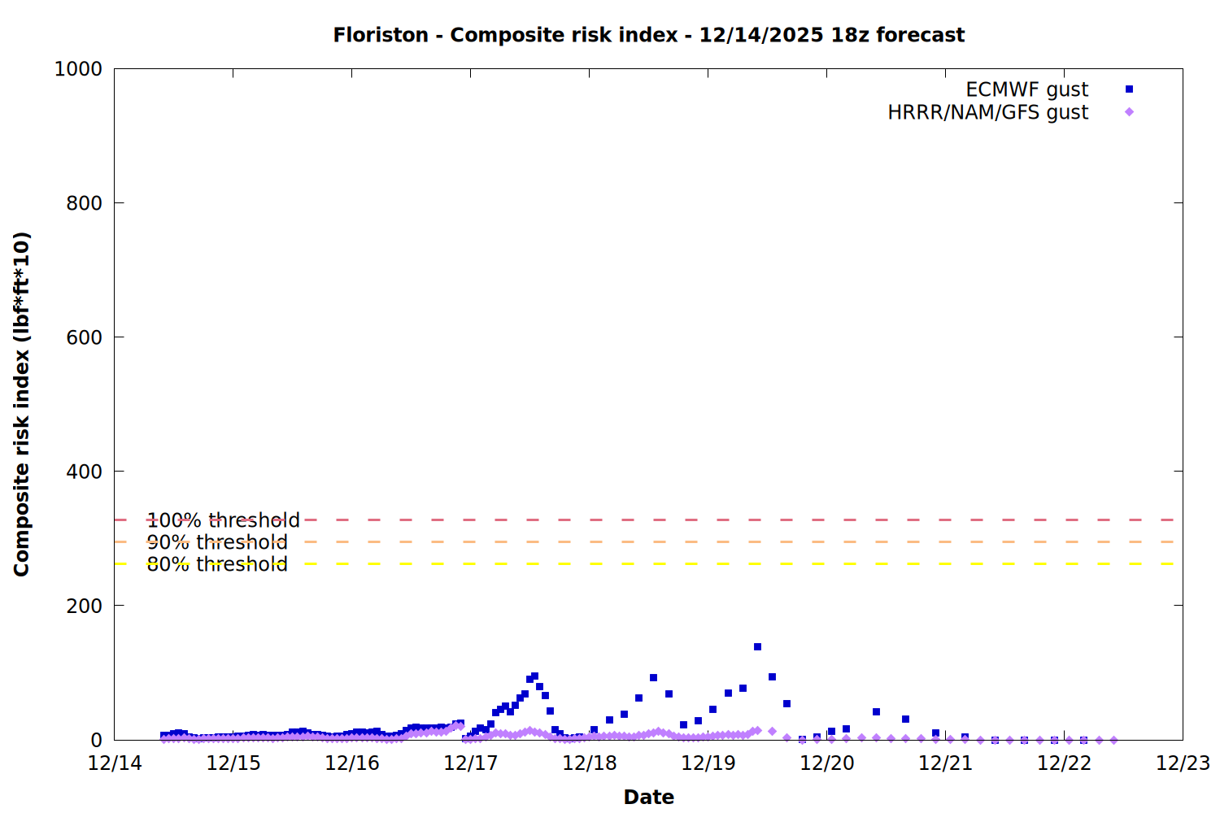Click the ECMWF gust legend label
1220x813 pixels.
coord(1026,89)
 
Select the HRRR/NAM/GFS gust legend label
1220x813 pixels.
coord(987,112)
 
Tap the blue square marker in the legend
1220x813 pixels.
coord(1129,89)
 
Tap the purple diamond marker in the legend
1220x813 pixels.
coord(1129,112)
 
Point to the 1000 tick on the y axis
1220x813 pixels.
coord(78,69)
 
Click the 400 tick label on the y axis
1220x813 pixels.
coord(84,472)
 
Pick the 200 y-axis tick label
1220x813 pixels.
coord(84,606)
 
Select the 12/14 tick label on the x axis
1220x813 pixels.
coord(115,763)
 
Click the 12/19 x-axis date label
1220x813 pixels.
coord(708,763)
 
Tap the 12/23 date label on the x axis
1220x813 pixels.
coord(1183,763)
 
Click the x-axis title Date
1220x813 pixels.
coord(648,797)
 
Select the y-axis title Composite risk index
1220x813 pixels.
coord(22,404)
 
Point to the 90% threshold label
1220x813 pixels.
coord(217,542)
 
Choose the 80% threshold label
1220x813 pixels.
coord(217,564)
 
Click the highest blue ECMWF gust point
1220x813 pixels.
coord(757,647)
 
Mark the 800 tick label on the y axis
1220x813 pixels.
coord(84,203)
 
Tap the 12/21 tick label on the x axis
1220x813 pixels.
coord(945,763)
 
